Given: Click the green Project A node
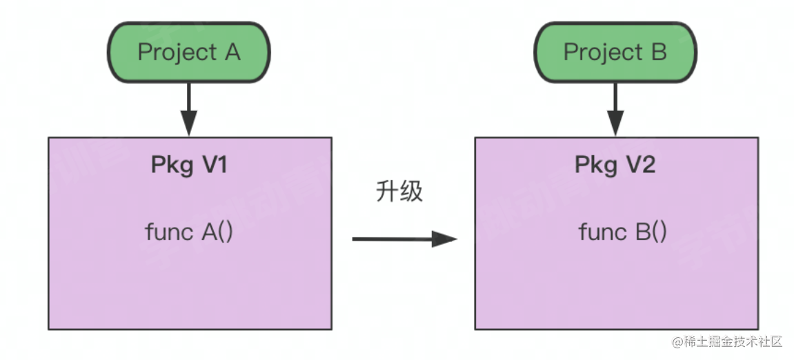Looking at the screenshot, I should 188,53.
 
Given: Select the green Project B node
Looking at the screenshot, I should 615,53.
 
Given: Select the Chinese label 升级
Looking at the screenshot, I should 399,191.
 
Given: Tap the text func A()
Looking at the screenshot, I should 189,232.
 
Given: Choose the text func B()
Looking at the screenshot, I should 622,232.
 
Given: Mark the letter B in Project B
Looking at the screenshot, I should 658,53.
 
